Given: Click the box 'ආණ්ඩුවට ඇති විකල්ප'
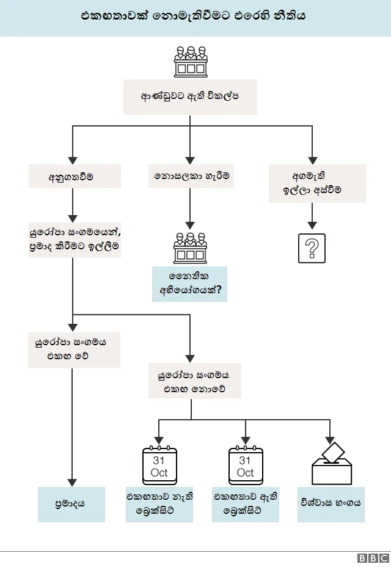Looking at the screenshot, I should tap(190, 97).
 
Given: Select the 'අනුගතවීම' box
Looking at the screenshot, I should tap(75, 177).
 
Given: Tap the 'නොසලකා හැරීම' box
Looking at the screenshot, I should tap(191, 176).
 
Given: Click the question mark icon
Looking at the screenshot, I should tap(312, 248).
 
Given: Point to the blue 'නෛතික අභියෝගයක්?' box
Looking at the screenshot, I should tap(189, 283).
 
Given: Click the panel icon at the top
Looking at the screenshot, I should tap(190, 61).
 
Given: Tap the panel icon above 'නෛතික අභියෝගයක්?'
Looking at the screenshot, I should tap(190, 247).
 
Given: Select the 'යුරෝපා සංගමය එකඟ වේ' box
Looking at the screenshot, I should tap(75, 349).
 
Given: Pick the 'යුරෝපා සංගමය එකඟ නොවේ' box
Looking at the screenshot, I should tap(194, 381).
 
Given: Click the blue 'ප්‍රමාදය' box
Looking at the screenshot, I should tap(71, 504).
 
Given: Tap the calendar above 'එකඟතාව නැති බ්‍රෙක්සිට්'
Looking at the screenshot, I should tap(159, 466).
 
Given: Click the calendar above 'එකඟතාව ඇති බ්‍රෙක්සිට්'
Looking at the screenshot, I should tap(246, 466).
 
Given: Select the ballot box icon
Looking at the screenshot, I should tap(332, 464).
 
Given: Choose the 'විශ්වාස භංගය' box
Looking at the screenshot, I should tap(331, 504).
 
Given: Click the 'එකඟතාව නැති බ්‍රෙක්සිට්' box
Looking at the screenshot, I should tap(159, 504).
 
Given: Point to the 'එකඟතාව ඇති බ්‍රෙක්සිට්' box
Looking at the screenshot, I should tap(246, 504).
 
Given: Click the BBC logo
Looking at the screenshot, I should tap(373, 558).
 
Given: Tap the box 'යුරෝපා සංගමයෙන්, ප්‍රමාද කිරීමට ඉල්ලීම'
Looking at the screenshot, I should tap(75, 239).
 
